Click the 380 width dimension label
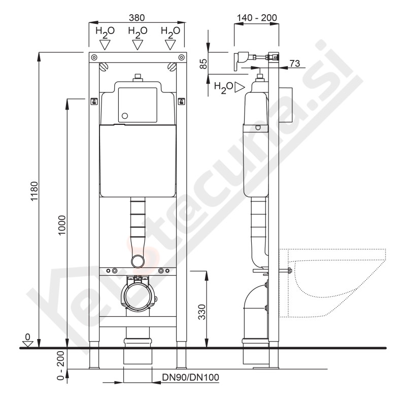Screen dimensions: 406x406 click(x=137, y=18)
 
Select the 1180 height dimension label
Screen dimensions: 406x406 click(x=34, y=191)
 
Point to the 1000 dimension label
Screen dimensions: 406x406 click(x=62, y=225)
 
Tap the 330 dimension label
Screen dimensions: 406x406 click(x=201, y=312)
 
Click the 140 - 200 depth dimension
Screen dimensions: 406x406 click(x=257, y=18)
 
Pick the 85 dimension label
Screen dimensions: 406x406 click(x=204, y=64)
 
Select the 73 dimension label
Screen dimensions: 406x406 click(x=295, y=63)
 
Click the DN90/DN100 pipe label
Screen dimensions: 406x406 click(x=191, y=377)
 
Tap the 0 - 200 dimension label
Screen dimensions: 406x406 click(x=60, y=365)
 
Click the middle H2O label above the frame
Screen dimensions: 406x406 click(x=138, y=32)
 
